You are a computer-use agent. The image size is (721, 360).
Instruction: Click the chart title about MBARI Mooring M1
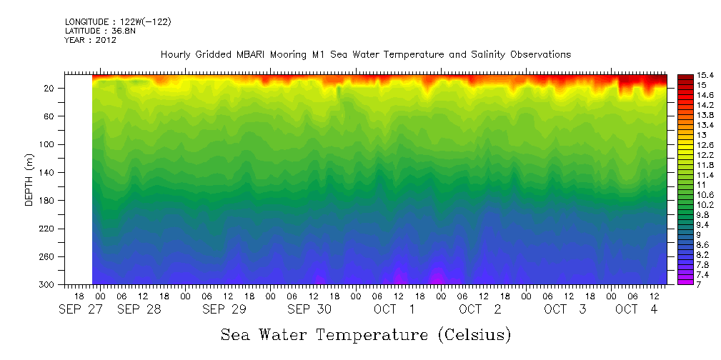(366, 55)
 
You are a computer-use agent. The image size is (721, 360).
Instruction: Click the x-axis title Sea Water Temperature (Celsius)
(366, 334)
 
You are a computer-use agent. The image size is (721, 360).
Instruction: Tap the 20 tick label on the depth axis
(50, 88)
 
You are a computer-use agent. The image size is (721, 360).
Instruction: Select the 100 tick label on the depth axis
(48, 144)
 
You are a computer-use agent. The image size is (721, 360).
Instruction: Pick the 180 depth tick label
(48, 201)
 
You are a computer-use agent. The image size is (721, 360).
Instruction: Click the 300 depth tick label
(48, 285)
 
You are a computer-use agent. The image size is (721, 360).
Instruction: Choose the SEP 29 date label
(224, 309)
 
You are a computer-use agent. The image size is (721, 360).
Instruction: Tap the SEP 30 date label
(309, 309)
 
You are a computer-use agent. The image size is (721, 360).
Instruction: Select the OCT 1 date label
(394, 309)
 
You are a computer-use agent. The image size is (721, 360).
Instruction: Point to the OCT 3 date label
(565, 309)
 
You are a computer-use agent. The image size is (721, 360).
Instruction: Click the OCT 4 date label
(637, 309)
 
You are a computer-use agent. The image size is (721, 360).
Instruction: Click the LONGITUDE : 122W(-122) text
(118, 22)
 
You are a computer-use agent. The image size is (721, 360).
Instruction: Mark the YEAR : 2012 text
(91, 40)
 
